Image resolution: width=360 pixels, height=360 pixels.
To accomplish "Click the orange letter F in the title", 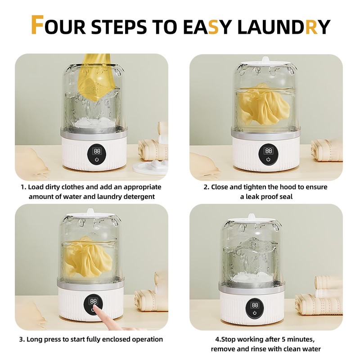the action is (x=37, y=25).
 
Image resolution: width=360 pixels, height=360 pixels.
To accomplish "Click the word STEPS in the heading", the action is (x=119, y=27).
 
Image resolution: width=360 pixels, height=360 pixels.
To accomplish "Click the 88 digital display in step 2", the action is (x=268, y=151).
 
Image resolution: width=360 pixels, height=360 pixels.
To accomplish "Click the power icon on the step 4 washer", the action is (x=255, y=313).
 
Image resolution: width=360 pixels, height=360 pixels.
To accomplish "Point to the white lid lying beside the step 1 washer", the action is (x=150, y=168).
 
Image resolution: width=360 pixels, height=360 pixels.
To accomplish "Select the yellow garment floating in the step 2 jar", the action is (x=263, y=104).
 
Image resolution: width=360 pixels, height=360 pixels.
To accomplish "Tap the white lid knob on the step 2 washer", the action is (x=265, y=60).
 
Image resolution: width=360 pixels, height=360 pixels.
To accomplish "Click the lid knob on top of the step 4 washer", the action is (x=251, y=216).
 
